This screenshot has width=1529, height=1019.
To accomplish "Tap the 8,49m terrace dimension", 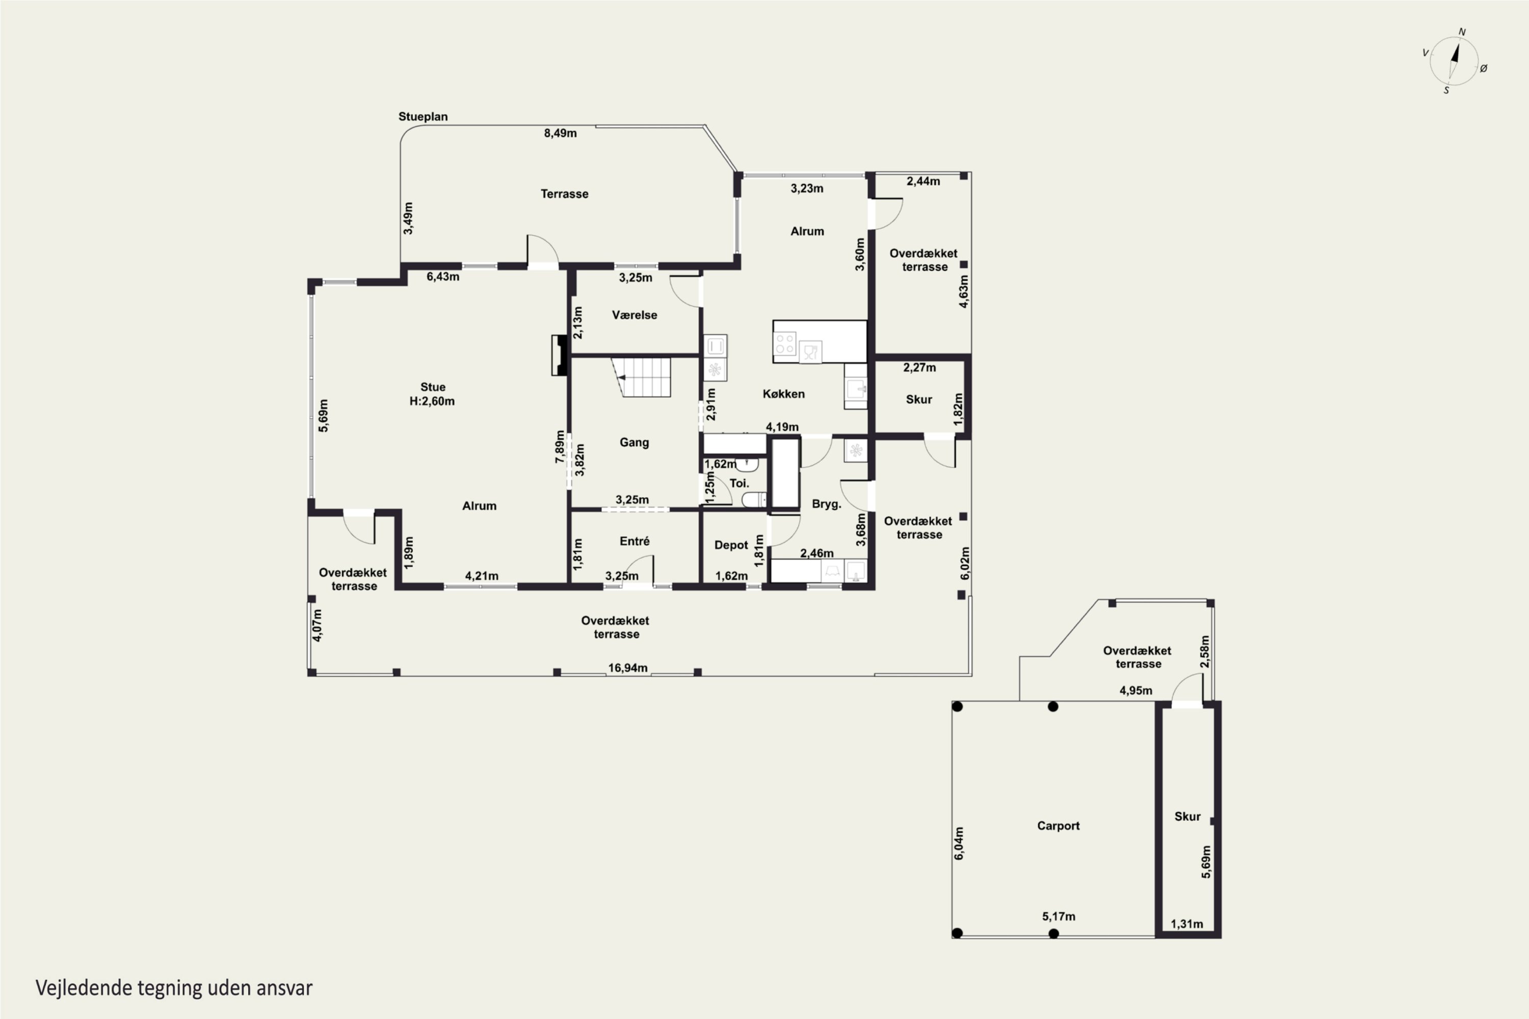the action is pyautogui.click(x=560, y=133).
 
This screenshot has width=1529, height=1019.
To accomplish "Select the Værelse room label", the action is pyautogui.click(x=635, y=315).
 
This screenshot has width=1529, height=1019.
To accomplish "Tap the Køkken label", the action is pyautogui.click(x=783, y=394).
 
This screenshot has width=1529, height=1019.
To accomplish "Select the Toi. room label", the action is pyautogui.click(x=739, y=484).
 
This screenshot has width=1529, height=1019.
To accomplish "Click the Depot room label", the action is pyautogui.click(x=731, y=545).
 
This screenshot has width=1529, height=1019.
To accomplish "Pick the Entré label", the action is pyautogui.click(x=635, y=541).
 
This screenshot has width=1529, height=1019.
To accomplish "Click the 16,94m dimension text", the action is pyautogui.click(x=627, y=668).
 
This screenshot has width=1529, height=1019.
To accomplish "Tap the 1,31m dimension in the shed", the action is pyautogui.click(x=1187, y=924).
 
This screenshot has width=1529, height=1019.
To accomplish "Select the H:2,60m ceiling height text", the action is pyautogui.click(x=432, y=401).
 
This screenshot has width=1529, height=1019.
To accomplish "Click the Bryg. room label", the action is pyautogui.click(x=826, y=504).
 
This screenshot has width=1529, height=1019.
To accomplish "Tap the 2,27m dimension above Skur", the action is pyautogui.click(x=919, y=368).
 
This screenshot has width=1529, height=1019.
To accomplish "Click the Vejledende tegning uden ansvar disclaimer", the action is pyautogui.click(x=174, y=988).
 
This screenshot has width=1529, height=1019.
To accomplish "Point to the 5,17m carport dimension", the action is pyautogui.click(x=1059, y=917).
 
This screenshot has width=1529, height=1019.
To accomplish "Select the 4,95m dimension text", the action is pyautogui.click(x=1136, y=691).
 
